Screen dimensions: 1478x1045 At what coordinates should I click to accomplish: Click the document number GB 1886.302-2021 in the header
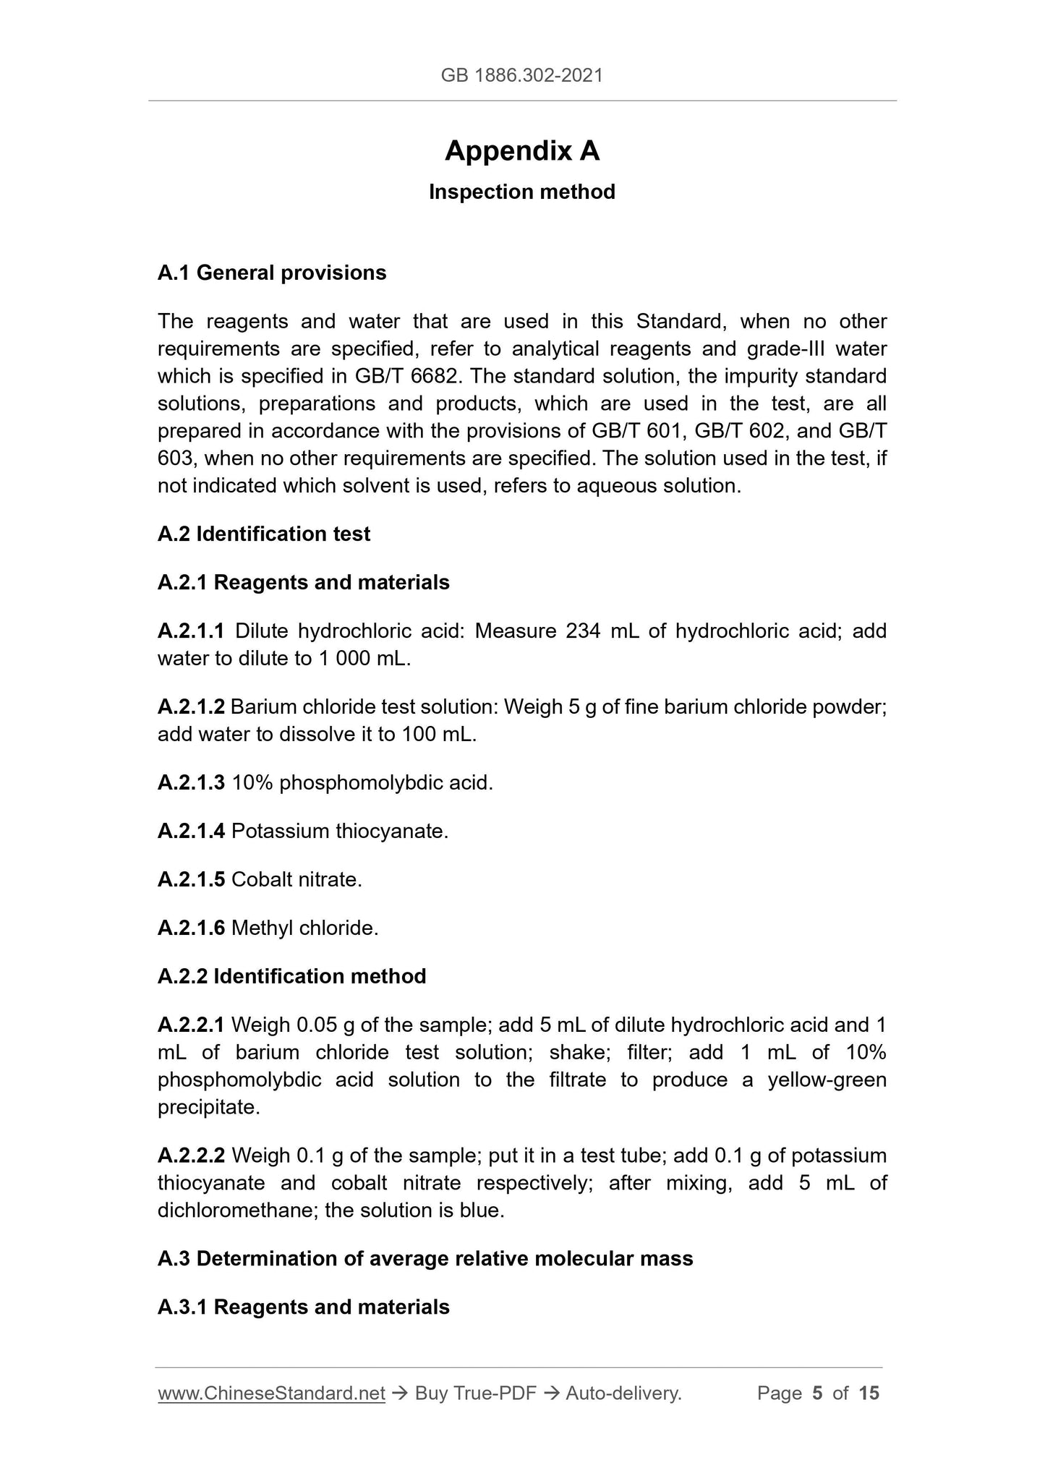click(x=521, y=75)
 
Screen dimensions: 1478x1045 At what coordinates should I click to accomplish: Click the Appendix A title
click(x=521, y=151)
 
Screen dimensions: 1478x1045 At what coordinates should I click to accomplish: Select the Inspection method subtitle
click(x=521, y=192)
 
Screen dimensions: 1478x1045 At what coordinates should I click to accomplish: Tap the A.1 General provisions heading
click(x=272, y=273)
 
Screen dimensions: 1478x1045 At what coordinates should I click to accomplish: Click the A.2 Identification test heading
click(x=264, y=534)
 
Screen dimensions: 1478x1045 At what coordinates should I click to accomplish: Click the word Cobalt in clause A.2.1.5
click(x=261, y=880)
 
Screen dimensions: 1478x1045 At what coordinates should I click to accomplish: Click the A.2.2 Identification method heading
click(x=292, y=977)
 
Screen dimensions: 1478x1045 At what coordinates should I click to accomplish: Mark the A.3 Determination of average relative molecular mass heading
click(x=425, y=1259)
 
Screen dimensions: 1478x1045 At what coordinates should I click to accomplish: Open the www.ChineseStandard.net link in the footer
click(x=271, y=1393)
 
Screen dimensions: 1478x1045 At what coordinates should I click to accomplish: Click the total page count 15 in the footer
click(x=869, y=1393)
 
